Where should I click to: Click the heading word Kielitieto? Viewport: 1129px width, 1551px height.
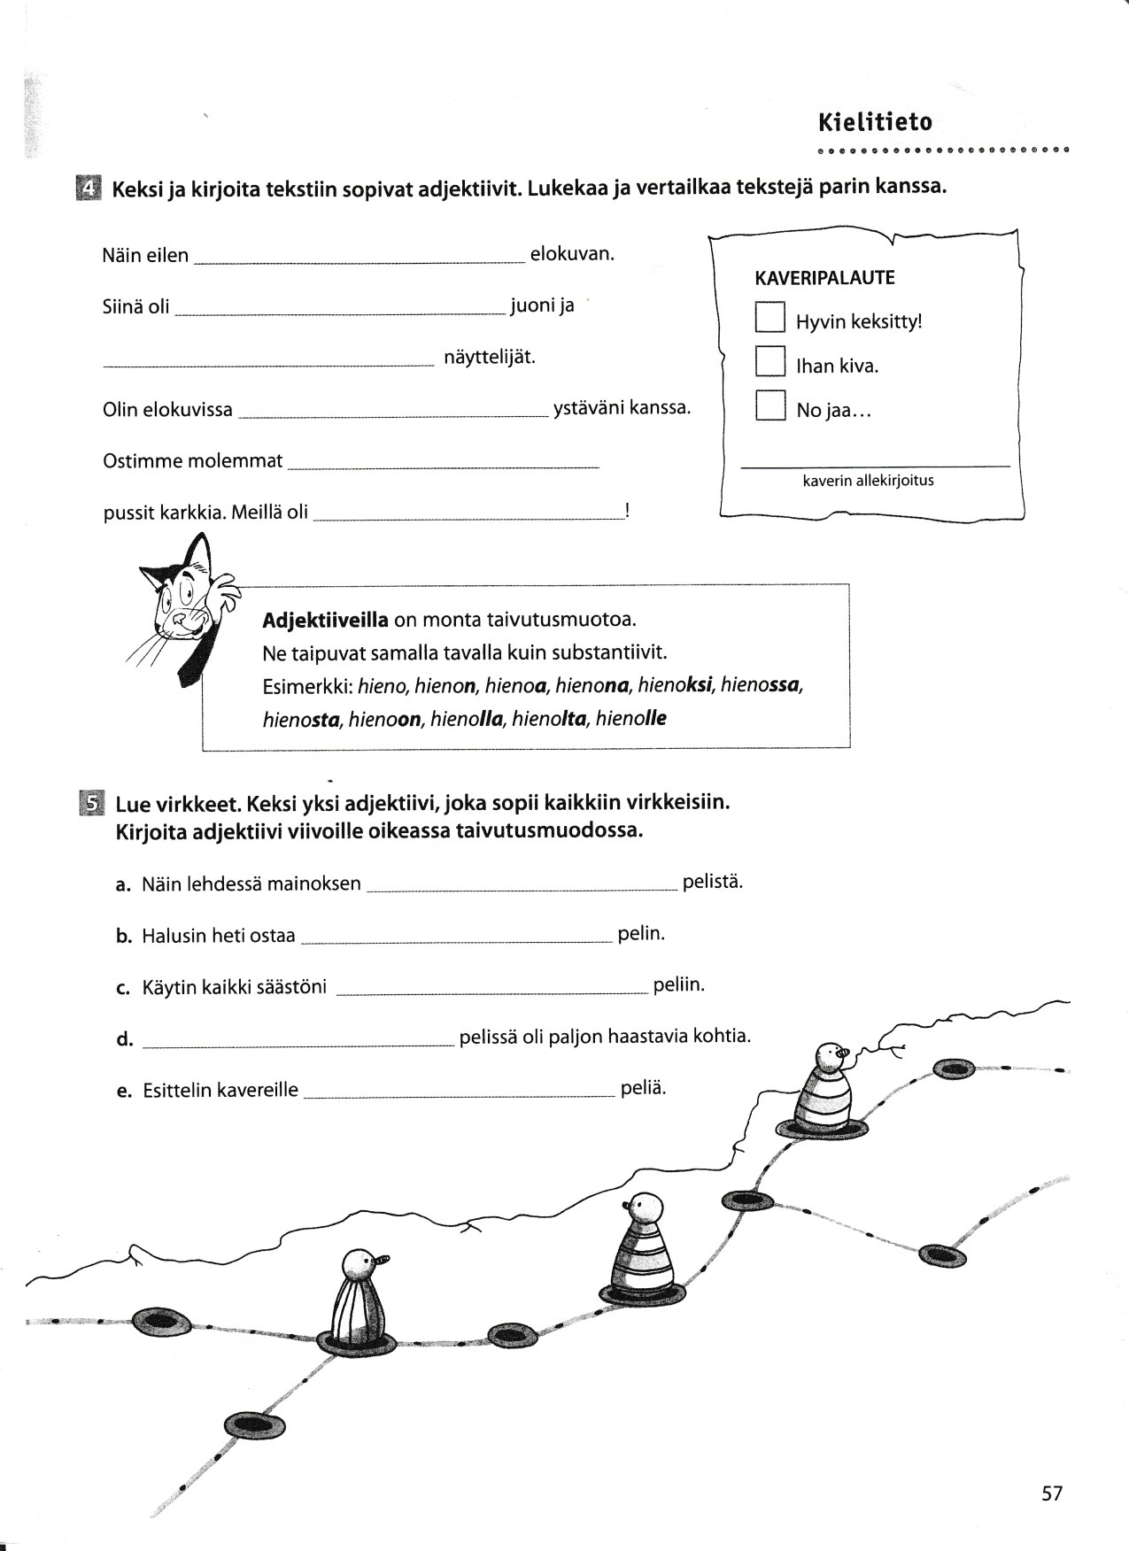coord(875,121)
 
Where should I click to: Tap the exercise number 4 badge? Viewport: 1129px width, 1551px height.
coord(89,189)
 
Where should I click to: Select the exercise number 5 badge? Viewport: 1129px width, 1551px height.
coord(90,802)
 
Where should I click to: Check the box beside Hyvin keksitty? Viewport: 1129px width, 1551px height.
coord(769,317)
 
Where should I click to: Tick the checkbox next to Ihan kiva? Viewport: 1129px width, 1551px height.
coord(769,361)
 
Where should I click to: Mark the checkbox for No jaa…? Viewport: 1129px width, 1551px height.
coord(769,405)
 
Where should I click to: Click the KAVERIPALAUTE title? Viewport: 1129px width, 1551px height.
coord(824,278)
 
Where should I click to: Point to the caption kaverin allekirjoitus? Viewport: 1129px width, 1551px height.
coord(868,481)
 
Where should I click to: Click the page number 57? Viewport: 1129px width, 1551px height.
coord(1051,1494)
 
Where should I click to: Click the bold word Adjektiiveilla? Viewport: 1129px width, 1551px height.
coord(325,620)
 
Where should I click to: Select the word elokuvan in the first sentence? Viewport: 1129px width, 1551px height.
coord(571,254)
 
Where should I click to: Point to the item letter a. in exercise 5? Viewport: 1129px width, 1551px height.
coord(124,884)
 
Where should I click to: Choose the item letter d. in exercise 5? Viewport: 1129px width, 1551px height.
coord(124,1039)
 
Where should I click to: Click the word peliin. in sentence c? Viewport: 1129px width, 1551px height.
coord(678,984)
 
